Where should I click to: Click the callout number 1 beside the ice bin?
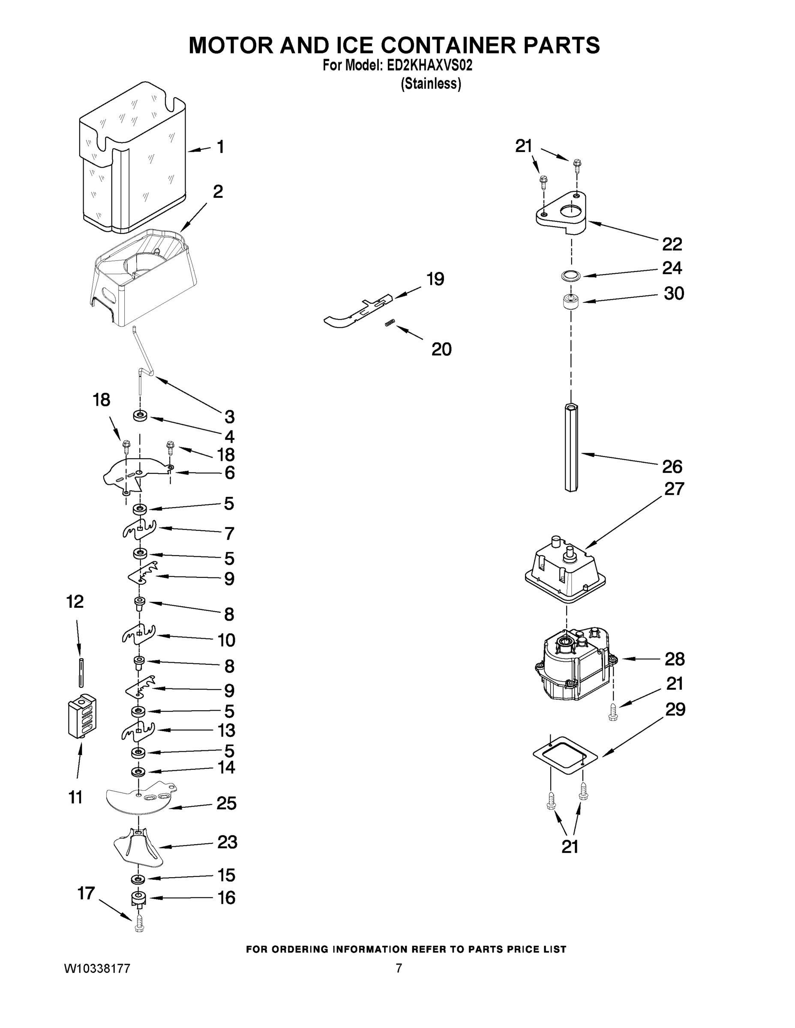pos(220,147)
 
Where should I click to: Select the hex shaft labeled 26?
pos(571,447)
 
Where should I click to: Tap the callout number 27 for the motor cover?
pos(673,489)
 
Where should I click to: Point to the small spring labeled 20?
pos(390,323)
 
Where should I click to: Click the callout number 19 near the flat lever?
pos(435,279)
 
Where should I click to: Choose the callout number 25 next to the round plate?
pos(227,803)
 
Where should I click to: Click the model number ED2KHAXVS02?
pos(429,66)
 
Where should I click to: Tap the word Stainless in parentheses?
pos(430,84)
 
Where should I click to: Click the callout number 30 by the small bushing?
pos(673,293)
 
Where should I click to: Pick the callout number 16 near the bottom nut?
pos(227,898)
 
